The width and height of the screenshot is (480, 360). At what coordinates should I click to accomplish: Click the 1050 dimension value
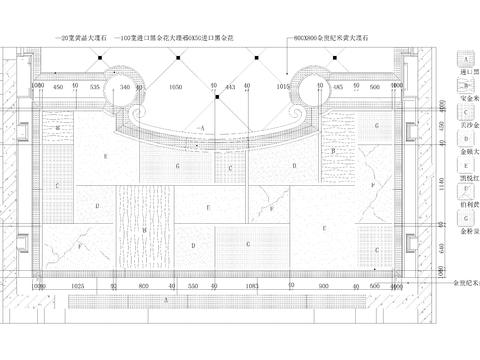[176, 88]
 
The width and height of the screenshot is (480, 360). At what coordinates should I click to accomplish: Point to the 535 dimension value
[95, 88]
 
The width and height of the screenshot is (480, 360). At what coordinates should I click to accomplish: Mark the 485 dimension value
[338, 88]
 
